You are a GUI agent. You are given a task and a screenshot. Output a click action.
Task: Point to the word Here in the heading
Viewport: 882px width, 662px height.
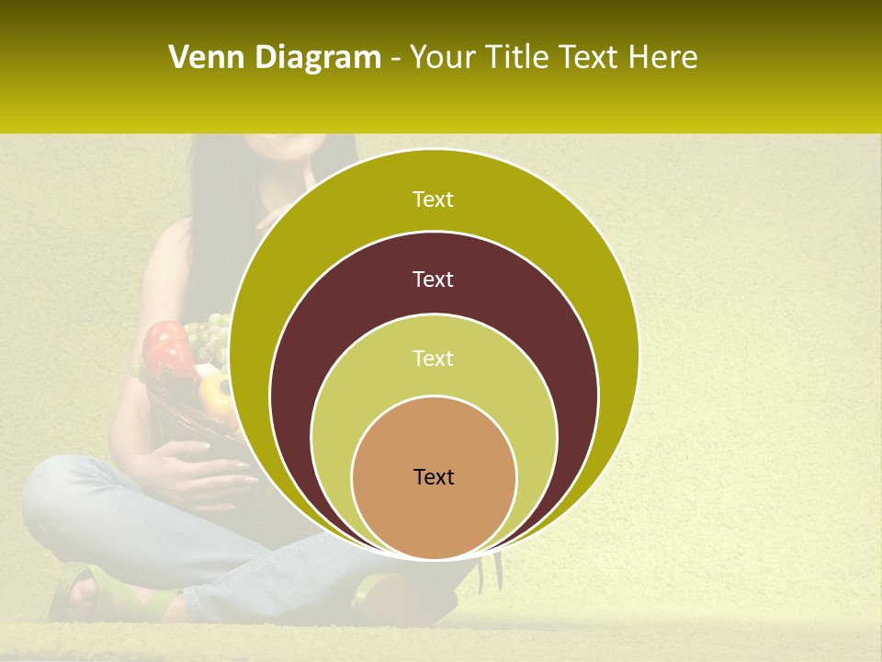[x=662, y=57]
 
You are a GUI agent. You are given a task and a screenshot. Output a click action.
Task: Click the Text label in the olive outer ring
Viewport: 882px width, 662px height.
[x=433, y=200]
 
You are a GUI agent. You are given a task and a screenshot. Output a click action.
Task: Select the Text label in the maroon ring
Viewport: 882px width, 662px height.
[x=433, y=279]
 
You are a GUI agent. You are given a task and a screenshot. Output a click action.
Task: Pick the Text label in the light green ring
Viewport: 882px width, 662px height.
[x=433, y=358]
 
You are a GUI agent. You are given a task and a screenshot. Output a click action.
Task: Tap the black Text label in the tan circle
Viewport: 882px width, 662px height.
[x=434, y=476]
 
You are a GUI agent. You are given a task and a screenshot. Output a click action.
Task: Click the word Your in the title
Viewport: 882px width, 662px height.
[x=442, y=57]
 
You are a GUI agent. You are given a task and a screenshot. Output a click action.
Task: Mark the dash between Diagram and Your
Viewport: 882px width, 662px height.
[x=394, y=59]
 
